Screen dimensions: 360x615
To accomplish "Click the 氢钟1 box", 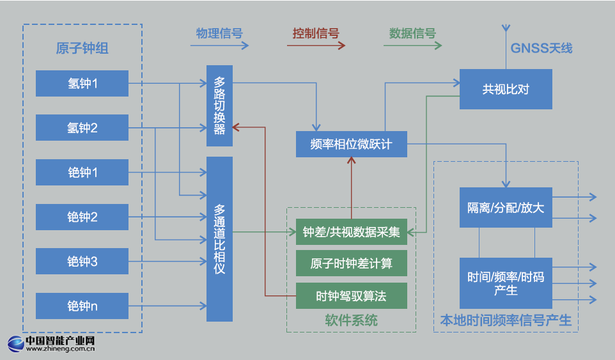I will tap(82, 83).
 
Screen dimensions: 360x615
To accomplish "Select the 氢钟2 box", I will tap(82, 128).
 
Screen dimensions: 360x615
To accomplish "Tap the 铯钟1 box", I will tap(82, 173).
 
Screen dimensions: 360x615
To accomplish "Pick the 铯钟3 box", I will tap(82, 262).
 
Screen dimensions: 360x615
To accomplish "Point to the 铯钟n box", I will tap(82, 306).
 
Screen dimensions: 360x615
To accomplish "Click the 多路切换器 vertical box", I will tap(219, 106).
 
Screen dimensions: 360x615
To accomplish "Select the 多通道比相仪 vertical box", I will tap(219, 239).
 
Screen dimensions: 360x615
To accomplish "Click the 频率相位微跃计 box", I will tap(351, 144).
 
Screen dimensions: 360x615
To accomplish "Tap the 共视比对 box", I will tap(506, 88).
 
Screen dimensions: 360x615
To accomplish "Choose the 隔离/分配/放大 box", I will tap(506, 207).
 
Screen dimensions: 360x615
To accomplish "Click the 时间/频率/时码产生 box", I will tap(506, 283).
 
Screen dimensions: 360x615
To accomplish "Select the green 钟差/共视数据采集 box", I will tap(351, 231).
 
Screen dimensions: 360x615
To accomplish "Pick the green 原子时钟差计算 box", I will tap(351, 263).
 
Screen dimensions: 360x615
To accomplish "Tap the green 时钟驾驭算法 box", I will tap(351, 296).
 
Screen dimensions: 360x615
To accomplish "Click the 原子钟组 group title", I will tap(82, 49).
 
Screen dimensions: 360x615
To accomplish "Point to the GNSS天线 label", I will tap(541, 48).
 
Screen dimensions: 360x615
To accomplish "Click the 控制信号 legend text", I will tap(315, 34).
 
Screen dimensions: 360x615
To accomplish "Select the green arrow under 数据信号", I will tap(415, 46).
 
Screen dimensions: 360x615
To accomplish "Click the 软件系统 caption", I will tap(351, 320).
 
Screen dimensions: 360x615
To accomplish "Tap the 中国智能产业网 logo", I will tap(51, 345).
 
